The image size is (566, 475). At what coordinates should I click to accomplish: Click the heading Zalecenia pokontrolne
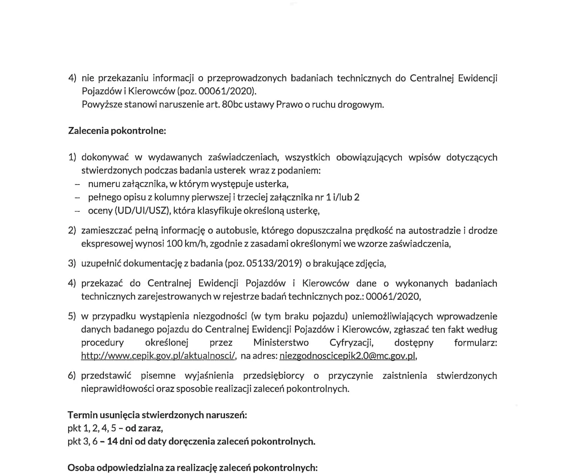(x=117, y=131)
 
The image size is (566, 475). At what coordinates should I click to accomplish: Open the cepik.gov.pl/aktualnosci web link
(x=159, y=356)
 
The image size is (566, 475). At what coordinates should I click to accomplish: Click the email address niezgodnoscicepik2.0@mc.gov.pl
(x=348, y=356)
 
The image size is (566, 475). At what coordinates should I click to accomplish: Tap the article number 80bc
(x=233, y=105)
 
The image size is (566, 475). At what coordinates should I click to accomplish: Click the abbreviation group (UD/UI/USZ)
(x=143, y=211)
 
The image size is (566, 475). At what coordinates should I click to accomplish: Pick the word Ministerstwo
(x=281, y=343)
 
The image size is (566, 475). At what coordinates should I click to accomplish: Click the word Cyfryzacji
(x=351, y=343)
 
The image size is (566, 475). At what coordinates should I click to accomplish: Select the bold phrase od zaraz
(x=144, y=429)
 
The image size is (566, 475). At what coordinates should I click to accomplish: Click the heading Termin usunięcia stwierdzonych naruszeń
(x=157, y=415)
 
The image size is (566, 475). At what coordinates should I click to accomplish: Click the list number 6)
(x=72, y=376)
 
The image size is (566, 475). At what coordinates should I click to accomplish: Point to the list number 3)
(x=72, y=264)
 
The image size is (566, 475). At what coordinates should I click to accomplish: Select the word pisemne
(x=158, y=376)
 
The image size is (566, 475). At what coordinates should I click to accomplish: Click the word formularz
(x=476, y=343)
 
